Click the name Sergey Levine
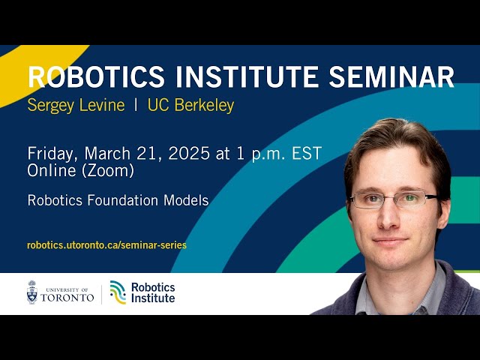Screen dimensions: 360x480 point(76,105)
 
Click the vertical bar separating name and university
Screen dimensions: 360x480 point(136,105)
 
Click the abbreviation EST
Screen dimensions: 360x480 point(307,154)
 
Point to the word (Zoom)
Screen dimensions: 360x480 point(109,171)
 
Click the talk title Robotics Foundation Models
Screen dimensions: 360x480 point(118,200)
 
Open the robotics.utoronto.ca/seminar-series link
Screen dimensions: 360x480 point(106,244)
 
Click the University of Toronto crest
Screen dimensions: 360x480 point(32,292)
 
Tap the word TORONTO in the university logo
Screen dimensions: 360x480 point(67,297)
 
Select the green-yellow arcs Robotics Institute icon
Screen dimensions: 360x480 point(118,292)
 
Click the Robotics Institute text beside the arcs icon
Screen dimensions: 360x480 point(153,292)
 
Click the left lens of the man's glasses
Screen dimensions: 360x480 point(368,200)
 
